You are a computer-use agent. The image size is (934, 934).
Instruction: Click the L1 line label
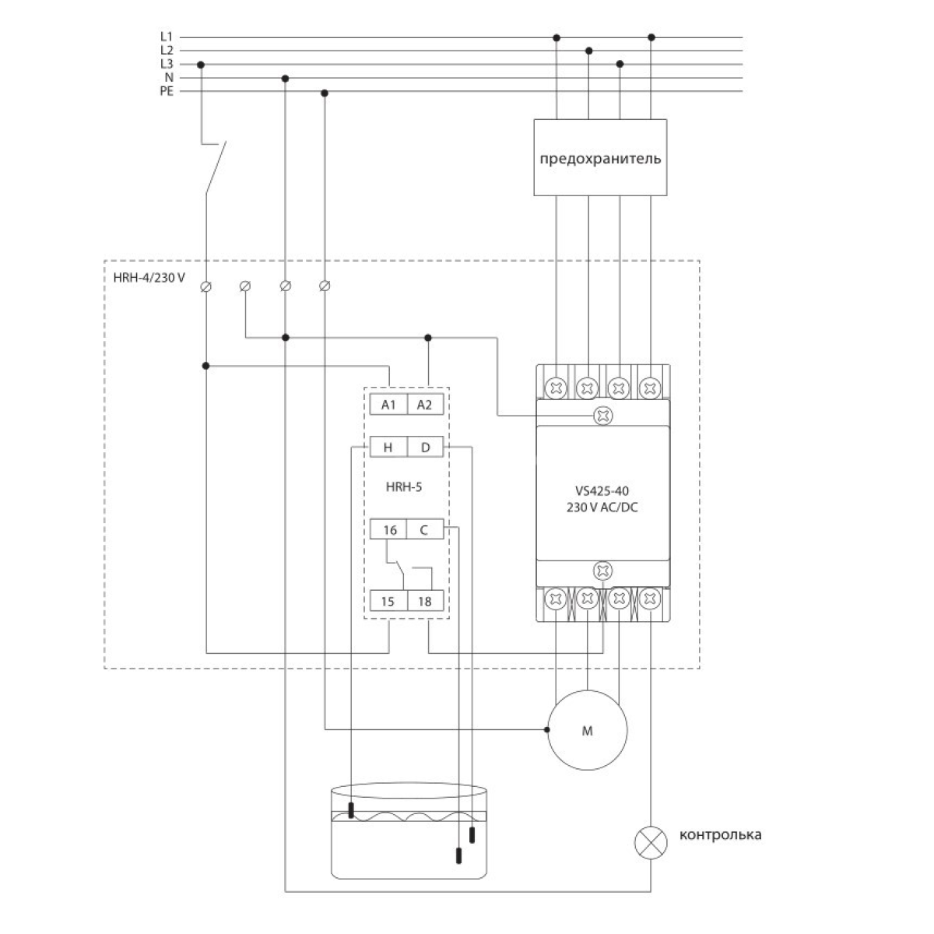166,36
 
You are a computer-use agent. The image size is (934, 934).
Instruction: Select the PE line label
166,92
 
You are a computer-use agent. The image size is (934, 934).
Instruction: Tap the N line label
168,78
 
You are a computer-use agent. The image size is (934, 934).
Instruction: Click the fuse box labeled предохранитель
600,157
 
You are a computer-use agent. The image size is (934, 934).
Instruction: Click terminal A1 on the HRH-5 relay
388,405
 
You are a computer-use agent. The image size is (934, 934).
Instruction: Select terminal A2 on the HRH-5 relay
424,405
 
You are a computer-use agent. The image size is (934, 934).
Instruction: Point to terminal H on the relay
388,447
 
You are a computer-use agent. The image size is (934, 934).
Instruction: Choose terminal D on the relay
425,447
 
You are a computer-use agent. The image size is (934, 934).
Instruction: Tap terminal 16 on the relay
389,530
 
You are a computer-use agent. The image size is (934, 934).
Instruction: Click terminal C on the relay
424,530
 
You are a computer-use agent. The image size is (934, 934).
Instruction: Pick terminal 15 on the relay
388,602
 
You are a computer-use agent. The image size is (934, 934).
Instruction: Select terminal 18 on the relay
424,602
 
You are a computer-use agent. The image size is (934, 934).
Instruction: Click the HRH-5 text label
404,488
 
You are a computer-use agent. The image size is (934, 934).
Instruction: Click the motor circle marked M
587,731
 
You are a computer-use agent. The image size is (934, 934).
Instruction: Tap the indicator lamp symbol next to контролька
651,843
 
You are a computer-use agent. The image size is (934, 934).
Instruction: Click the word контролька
720,835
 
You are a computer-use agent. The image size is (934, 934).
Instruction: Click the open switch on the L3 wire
215,166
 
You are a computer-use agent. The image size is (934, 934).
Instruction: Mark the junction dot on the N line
285,78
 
